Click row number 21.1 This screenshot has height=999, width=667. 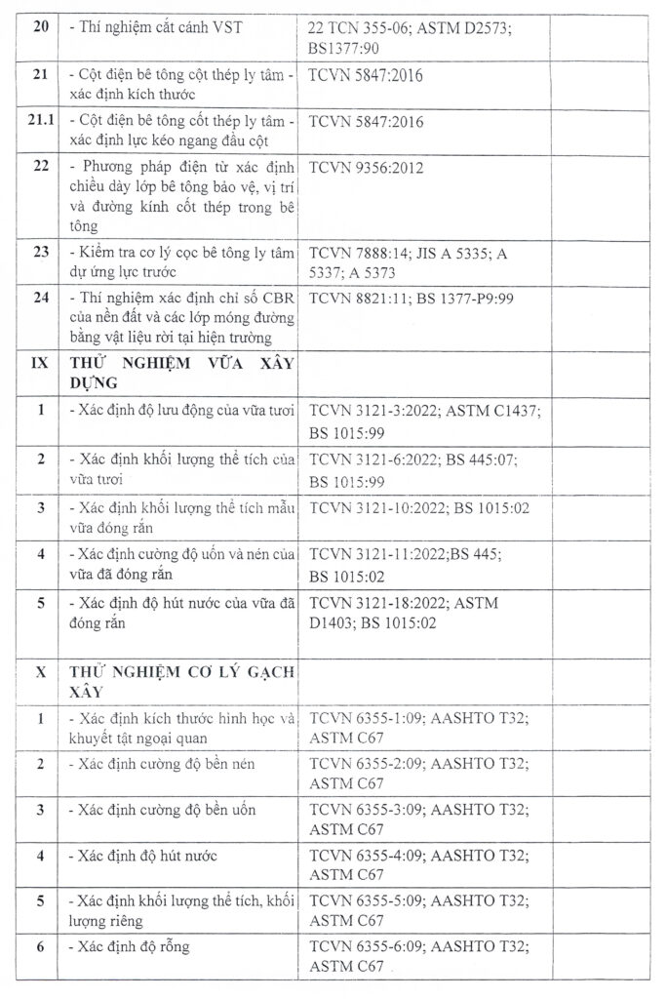pyautogui.click(x=40, y=122)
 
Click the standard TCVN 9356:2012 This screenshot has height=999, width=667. pyautogui.click(x=366, y=167)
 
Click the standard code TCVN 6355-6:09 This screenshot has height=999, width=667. pyautogui.click(x=365, y=946)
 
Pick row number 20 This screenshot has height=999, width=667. pyautogui.click(x=40, y=28)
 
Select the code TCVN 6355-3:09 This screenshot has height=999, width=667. pyautogui.click(x=365, y=810)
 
